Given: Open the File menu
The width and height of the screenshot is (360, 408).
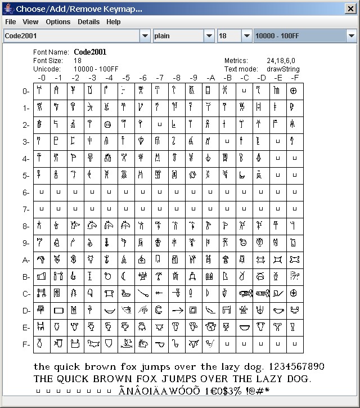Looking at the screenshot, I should (x=10, y=22).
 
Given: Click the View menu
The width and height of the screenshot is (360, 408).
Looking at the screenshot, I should (x=30, y=22).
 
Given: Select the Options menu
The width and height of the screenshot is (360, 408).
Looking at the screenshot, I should (x=58, y=22).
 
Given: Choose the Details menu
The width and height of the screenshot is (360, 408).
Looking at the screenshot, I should (x=88, y=22).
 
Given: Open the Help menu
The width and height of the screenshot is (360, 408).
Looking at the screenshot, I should (x=114, y=22).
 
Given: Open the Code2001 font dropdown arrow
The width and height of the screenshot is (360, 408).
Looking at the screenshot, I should (x=145, y=36).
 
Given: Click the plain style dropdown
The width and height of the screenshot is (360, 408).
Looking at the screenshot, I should (x=184, y=36).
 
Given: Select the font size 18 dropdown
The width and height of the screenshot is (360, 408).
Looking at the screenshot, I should (x=235, y=36).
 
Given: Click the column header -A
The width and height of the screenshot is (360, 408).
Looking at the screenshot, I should (x=210, y=78).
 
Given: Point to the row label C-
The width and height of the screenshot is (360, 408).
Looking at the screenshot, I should (x=26, y=294).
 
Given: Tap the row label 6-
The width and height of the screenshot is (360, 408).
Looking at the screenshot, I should (x=26, y=192).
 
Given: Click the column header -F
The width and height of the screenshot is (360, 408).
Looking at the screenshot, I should (x=295, y=78).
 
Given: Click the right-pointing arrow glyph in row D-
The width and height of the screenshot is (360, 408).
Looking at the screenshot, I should (x=177, y=310).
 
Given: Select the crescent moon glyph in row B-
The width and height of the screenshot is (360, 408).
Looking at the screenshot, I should (x=125, y=276).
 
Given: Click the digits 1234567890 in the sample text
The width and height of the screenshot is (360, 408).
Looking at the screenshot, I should (x=294, y=367).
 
